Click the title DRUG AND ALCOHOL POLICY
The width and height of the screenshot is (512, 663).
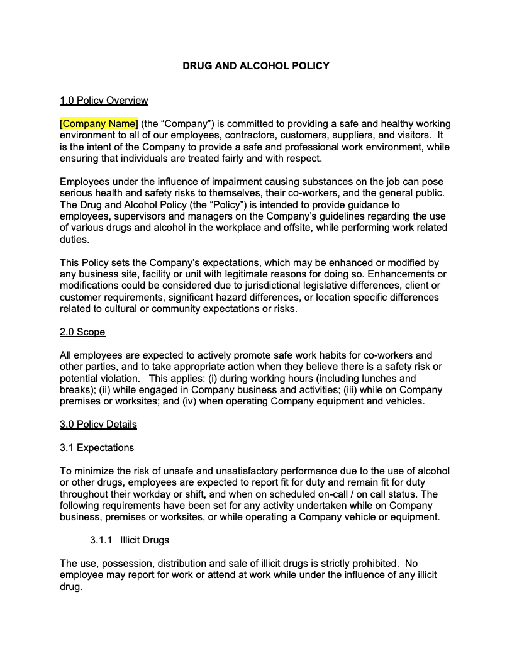click(255, 65)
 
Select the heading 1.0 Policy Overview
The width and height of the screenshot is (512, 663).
click(104, 101)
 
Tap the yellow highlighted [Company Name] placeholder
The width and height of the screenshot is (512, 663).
click(99, 124)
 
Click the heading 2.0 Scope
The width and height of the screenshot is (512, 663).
click(82, 331)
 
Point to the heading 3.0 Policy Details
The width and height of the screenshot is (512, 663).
click(98, 425)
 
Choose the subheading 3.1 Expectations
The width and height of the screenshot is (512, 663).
click(97, 448)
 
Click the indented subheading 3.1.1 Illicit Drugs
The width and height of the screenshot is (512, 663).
click(130, 540)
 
